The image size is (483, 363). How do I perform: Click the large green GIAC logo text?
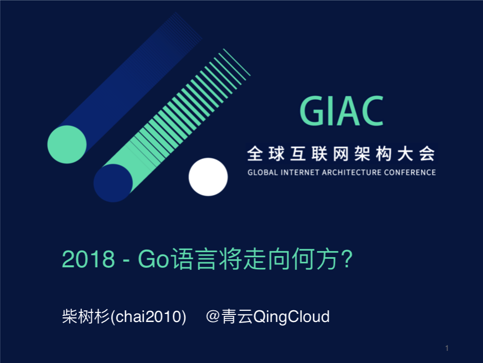pyautogui.click(x=341, y=111)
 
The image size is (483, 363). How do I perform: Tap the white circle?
pyautogui.click(x=208, y=177)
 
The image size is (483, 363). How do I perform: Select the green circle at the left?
pyautogui.click(x=67, y=144)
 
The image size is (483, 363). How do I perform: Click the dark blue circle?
pyautogui.click(x=113, y=183)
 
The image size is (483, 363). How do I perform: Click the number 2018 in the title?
pyautogui.click(x=89, y=259)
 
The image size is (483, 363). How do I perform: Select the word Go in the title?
pyautogui.click(x=153, y=259)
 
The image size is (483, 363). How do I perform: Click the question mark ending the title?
pyautogui.click(x=347, y=258)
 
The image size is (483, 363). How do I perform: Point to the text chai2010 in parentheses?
pyautogui.click(x=149, y=317)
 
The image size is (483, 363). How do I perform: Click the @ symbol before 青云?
pyautogui.click(x=213, y=316)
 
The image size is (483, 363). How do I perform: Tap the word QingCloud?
pyautogui.click(x=291, y=317)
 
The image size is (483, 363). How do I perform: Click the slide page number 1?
pyautogui.click(x=447, y=348)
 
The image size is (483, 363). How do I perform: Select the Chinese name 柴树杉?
pyautogui.click(x=86, y=317)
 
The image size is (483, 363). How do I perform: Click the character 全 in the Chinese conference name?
pyautogui.click(x=255, y=153)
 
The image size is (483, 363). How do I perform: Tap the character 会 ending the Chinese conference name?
pyautogui.click(x=427, y=153)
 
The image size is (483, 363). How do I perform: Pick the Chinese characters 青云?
pyautogui.click(x=237, y=317)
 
